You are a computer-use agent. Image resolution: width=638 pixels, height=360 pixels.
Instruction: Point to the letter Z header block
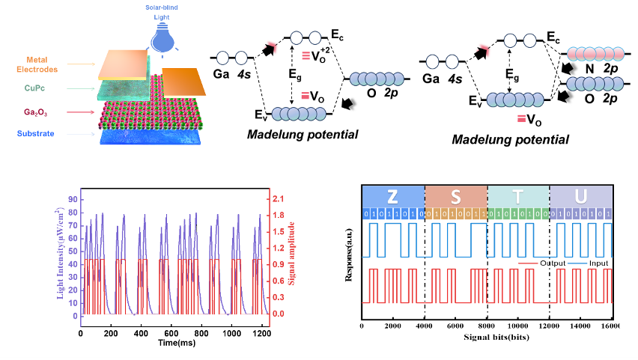[x=392, y=196]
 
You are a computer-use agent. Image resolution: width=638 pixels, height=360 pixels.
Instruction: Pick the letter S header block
[x=455, y=196]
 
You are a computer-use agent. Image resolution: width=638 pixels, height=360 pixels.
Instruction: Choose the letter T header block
[x=518, y=196]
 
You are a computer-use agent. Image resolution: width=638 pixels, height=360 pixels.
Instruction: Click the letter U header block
[x=581, y=196]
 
